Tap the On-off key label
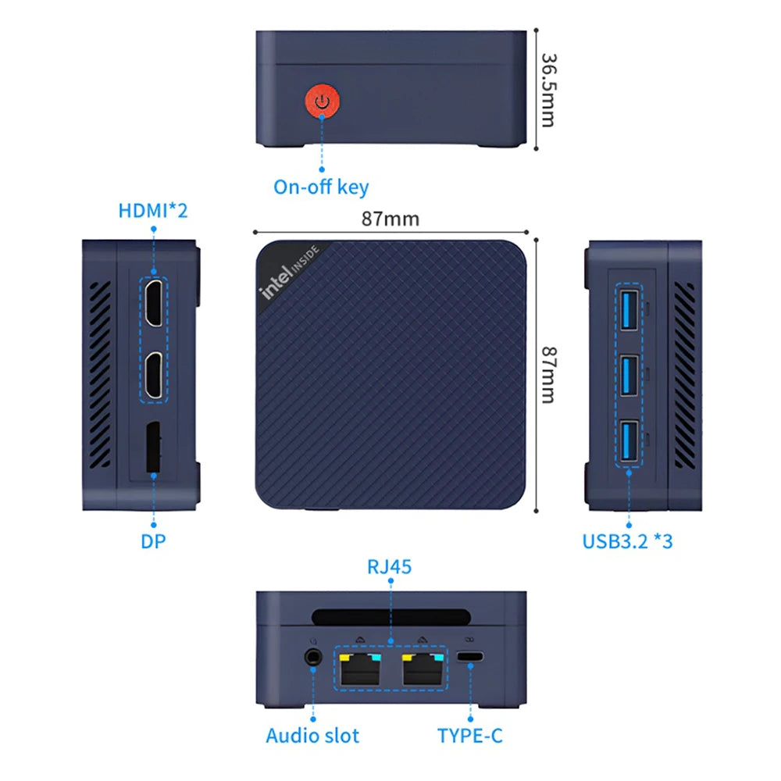coord(321,187)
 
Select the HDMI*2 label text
coord(153,211)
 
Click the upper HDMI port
coord(155,301)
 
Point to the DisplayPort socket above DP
coord(155,448)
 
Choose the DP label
coord(155,540)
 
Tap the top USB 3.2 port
coord(628,311)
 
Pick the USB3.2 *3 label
coord(627,540)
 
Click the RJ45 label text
coord(390,566)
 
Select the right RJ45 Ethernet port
coord(422,669)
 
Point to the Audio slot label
coord(312,735)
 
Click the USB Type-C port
coord(470,658)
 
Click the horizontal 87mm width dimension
coord(390,219)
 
